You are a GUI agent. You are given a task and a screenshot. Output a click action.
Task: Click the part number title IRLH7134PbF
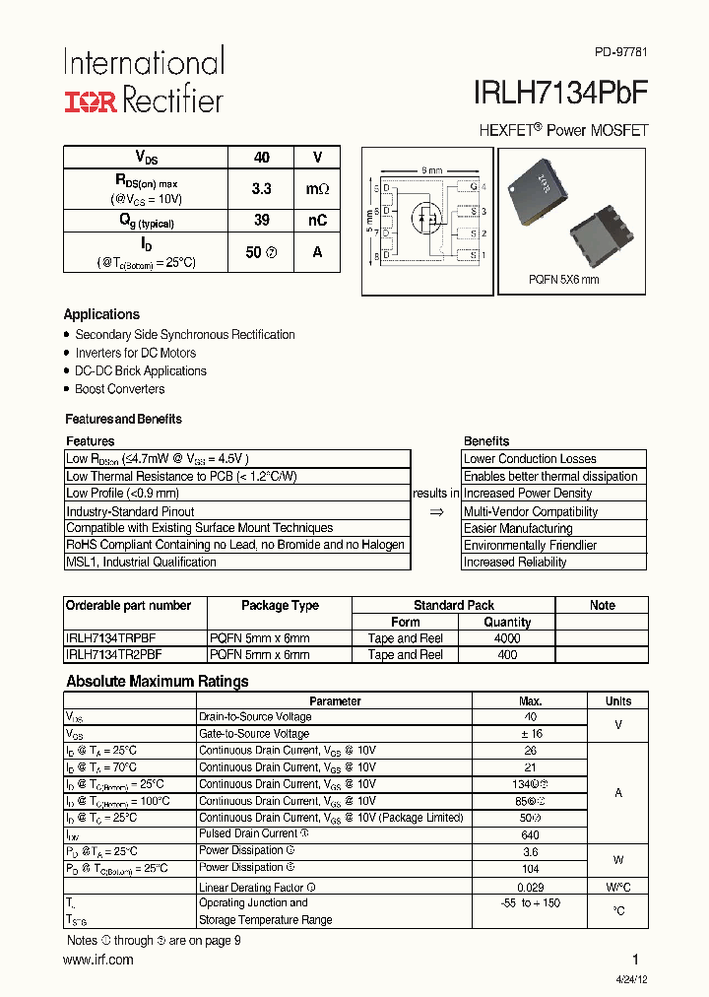561,94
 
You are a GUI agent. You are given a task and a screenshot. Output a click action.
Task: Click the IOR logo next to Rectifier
91,101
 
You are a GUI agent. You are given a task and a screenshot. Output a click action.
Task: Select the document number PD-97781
621,52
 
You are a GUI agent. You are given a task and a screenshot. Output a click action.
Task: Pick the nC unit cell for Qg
317,221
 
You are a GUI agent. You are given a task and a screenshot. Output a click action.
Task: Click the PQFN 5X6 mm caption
563,280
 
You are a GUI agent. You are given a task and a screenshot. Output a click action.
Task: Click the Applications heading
101,314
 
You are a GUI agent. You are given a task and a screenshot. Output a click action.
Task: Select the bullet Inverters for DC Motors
135,353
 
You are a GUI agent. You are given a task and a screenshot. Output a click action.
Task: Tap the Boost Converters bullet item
119,389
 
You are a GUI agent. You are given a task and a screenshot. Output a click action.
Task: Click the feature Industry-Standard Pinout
130,511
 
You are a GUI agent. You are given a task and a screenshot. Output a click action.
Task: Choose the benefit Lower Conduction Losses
530,459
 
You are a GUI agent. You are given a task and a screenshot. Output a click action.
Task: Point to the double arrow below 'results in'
437,511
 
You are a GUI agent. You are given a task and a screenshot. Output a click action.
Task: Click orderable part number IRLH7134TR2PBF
114,654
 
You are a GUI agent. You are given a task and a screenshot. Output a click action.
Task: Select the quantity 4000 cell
507,638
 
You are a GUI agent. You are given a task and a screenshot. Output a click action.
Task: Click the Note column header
602,605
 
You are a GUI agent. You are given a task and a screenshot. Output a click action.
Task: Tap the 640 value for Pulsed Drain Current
530,834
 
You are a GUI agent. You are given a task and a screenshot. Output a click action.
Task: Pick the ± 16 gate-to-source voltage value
530,734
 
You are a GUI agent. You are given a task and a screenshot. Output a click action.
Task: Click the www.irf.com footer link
99,960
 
